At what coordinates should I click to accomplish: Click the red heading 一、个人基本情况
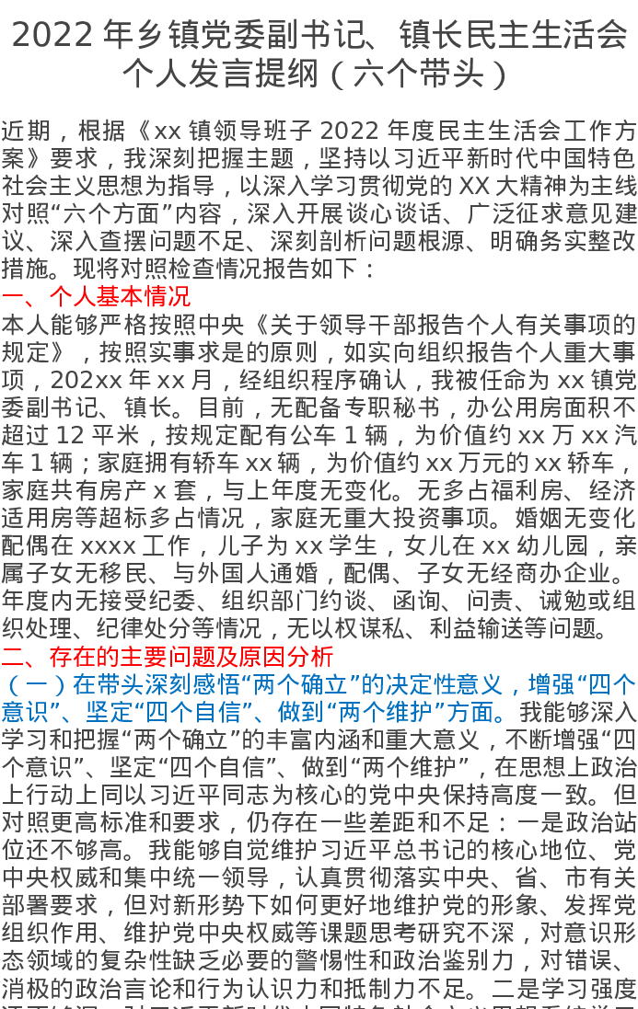click(x=97, y=296)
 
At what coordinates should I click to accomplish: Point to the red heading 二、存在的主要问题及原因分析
click(x=168, y=657)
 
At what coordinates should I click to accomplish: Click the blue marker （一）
click(x=36, y=685)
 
